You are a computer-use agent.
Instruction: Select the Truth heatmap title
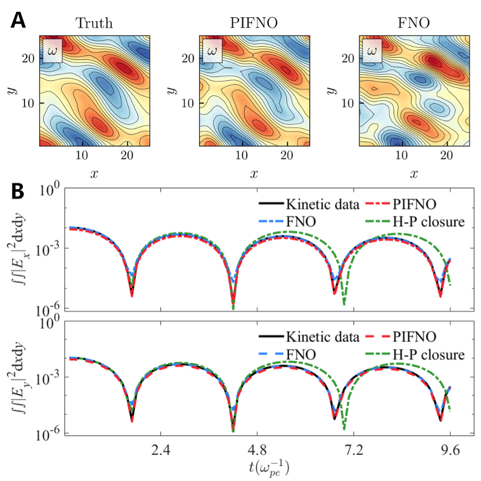click(94, 24)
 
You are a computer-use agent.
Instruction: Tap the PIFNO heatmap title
click(254, 24)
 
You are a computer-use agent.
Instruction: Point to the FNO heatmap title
click(414, 24)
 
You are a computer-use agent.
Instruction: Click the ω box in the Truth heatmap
click(52, 50)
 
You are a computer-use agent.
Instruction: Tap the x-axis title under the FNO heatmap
click(414, 174)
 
